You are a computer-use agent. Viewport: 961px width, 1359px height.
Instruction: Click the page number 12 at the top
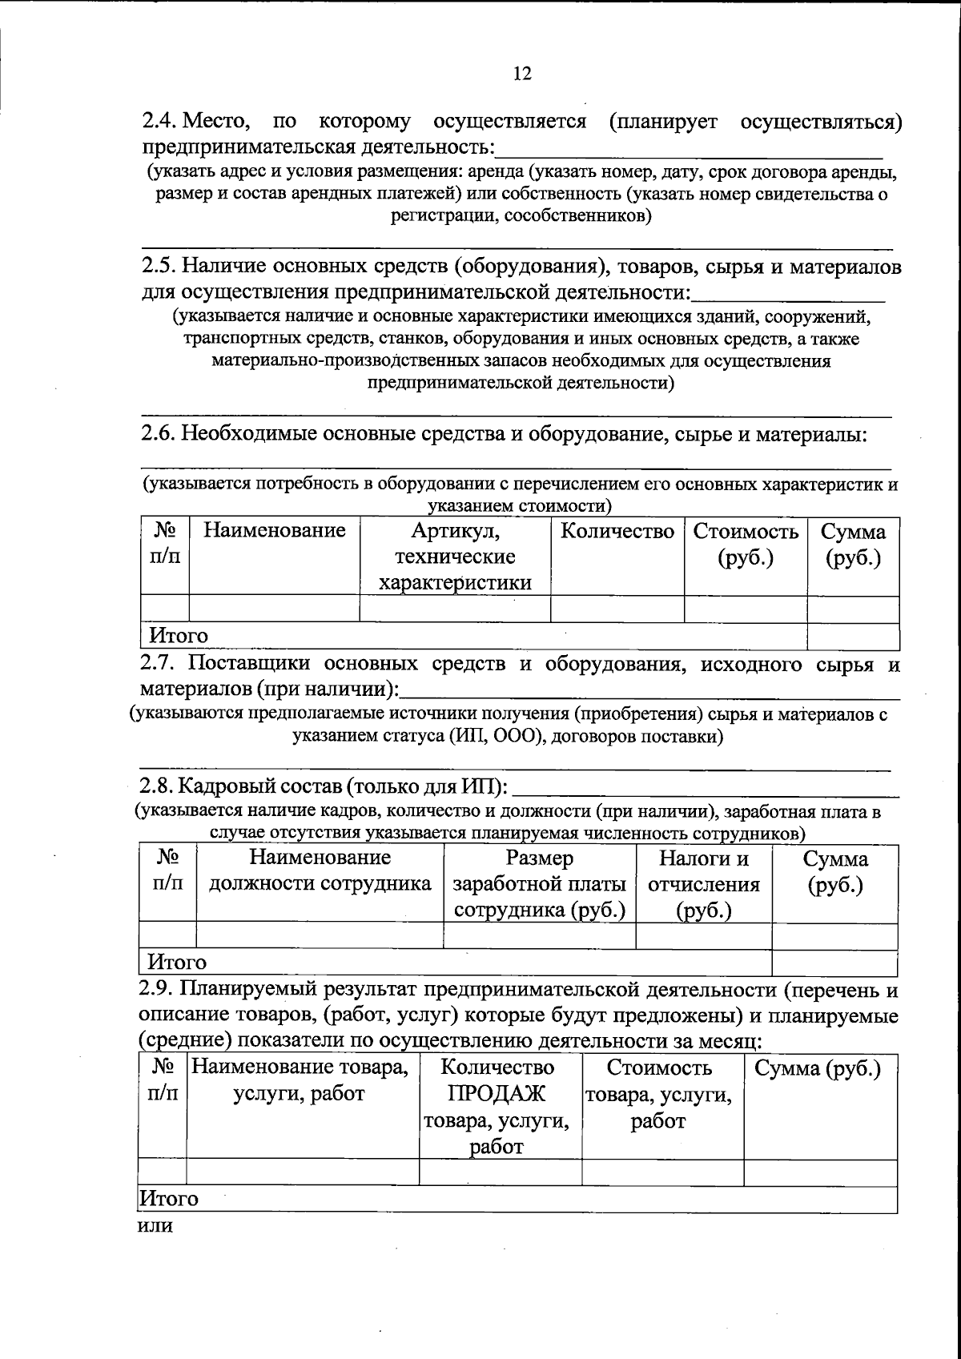(522, 74)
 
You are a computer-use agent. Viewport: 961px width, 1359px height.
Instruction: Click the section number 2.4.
(159, 123)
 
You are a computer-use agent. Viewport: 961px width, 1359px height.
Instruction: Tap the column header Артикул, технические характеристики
(455, 557)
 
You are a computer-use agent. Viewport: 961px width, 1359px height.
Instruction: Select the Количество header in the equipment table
(617, 531)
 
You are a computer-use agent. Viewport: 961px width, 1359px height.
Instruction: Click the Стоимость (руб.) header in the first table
(746, 545)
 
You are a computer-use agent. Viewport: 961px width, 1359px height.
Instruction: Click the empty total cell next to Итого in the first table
(852, 637)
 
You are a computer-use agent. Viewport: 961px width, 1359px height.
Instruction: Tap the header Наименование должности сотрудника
(320, 870)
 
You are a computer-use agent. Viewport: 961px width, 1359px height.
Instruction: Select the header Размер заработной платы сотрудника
(540, 884)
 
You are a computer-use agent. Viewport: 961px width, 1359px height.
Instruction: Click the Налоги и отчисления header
(704, 884)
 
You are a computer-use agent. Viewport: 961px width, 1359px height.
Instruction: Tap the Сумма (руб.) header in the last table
(819, 1068)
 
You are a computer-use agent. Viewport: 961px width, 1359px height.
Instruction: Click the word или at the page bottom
(156, 1225)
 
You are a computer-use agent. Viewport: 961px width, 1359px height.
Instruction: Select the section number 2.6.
(159, 433)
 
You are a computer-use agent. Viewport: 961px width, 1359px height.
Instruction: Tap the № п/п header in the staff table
(167, 870)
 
